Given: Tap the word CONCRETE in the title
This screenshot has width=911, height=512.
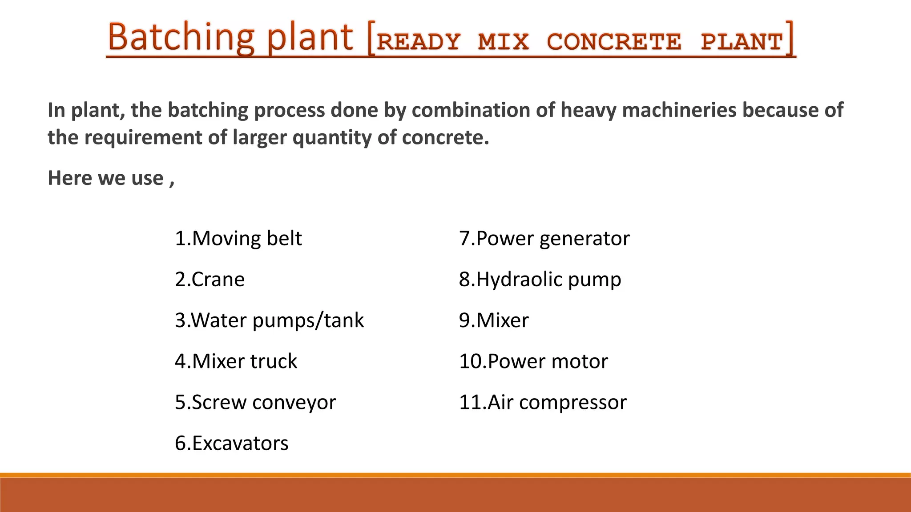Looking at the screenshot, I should [614, 42].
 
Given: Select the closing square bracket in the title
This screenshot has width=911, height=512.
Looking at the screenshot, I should [790, 39].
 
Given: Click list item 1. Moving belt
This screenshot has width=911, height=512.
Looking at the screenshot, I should [238, 239].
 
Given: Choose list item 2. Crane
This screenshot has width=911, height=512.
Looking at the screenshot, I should [210, 280].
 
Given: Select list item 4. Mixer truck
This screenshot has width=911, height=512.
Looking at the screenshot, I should [236, 361].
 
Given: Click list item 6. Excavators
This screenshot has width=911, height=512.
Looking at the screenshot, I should [231, 444].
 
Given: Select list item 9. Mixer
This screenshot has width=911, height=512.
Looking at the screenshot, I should [494, 320].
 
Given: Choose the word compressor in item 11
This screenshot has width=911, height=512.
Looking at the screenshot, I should [572, 403].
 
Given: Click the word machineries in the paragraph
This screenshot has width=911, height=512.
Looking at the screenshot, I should [679, 110].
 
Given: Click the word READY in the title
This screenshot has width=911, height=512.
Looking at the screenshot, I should [418, 42].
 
